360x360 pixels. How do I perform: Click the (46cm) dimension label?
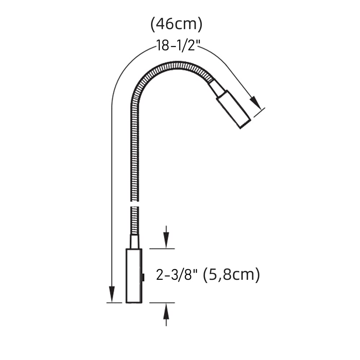176,24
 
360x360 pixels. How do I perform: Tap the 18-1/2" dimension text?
178,45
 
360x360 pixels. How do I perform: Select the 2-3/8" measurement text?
177,275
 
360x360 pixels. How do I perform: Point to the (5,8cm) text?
232,275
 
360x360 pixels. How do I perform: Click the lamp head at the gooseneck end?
233,109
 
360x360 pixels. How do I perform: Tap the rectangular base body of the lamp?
134,276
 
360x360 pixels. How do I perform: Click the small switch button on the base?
143,277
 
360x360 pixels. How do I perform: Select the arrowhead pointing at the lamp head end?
256,103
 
